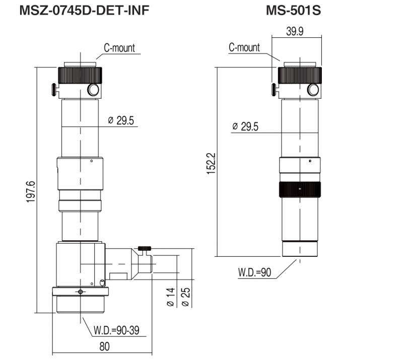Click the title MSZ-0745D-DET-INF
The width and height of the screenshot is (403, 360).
pyautogui.click(x=84, y=10)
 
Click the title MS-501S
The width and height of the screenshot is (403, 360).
pyautogui.click(x=293, y=10)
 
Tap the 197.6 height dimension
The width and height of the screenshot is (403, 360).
pyautogui.click(x=31, y=191)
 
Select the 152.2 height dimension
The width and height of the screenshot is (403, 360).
pyautogui.click(x=211, y=164)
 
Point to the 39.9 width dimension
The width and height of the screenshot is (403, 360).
pyautogui.click(x=295, y=31)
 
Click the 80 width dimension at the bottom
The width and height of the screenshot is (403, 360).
pyautogui.click(x=104, y=346)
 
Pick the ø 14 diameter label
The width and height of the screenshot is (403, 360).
pyautogui.click(x=171, y=297)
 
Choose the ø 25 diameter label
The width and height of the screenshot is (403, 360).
pyautogui.click(x=185, y=297)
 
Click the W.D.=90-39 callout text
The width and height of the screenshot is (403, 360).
pyautogui.click(x=116, y=330)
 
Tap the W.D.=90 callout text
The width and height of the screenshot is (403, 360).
pyautogui.click(x=255, y=272)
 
